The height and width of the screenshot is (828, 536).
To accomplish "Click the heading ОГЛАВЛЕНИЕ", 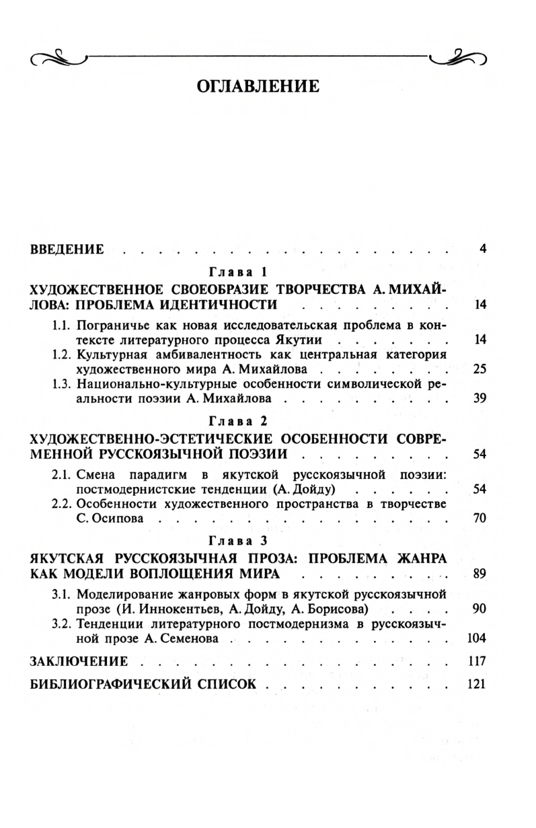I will tap(256, 86).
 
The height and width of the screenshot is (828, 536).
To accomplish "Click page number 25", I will tap(480, 369).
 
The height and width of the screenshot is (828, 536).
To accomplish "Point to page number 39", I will tap(480, 399).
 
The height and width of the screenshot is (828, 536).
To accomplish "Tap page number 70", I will tap(480, 518).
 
